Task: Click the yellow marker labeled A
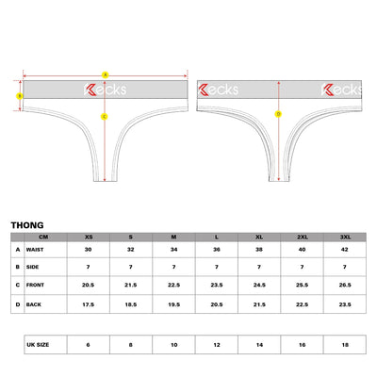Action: pyautogui.click(x=106, y=75)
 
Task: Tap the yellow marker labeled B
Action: pyautogui.click(x=20, y=96)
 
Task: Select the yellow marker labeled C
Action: pyautogui.click(x=105, y=117)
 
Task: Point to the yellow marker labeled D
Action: pyautogui.click(x=278, y=114)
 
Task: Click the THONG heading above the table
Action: pyautogui.click(x=27, y=225)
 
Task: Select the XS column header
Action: pyautogui.click(x=89, y=237)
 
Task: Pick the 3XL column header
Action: pyautogui.click(x=345, y=237)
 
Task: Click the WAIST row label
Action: pyautogui.click(x=35, y=250)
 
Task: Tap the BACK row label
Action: pyautogui.click(x=34, y=304)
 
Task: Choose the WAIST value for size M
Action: pyautogui.click(x=173, y=250)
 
